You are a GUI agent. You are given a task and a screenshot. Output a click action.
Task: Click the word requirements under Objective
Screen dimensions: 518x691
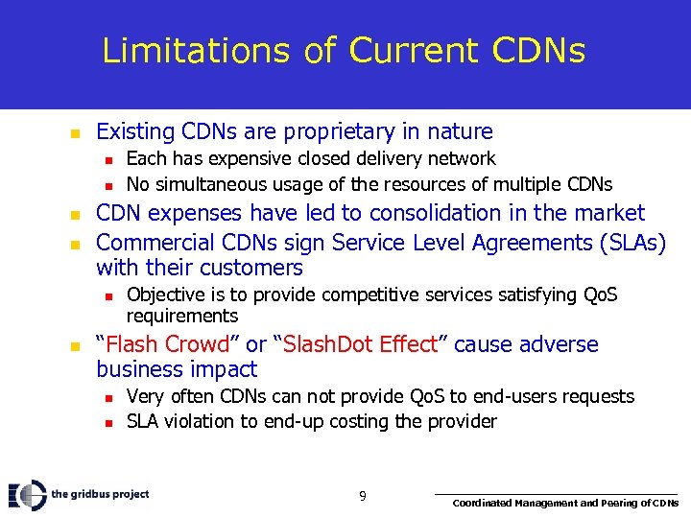[x=182, y=316]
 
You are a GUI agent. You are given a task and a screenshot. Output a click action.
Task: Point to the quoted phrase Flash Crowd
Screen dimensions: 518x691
[x=163, y=344]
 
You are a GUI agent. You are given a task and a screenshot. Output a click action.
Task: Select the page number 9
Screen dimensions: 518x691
[x=362, y=496]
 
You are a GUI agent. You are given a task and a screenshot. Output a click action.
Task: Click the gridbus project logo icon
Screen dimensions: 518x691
[x=27, y=494]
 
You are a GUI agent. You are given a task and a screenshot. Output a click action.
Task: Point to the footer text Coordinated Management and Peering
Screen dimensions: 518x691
[x=565, y=503]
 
